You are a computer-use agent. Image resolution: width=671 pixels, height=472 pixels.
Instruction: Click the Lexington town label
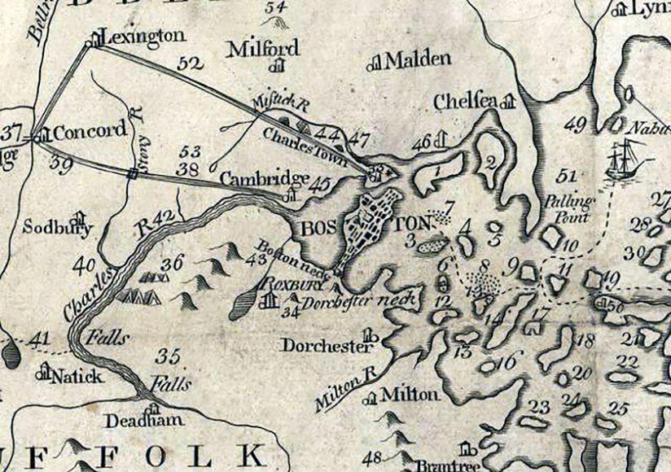pos(142,36)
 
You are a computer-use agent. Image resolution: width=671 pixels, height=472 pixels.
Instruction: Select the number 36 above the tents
pos(171,262)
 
